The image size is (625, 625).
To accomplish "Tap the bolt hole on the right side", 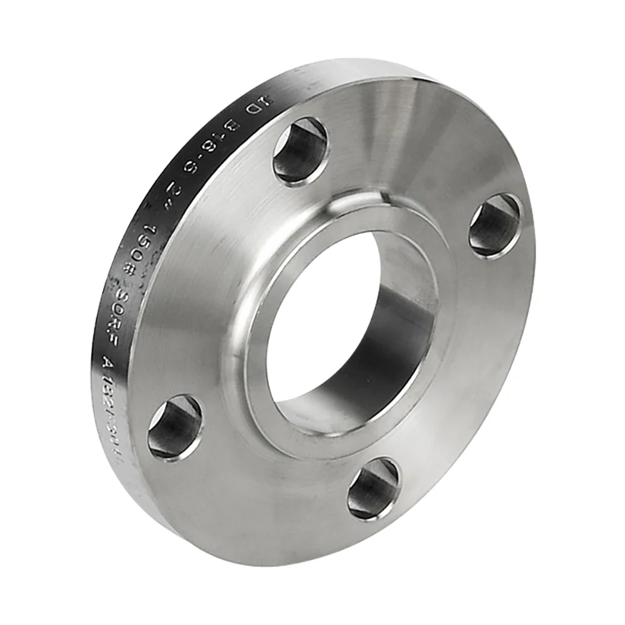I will [494, 224].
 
